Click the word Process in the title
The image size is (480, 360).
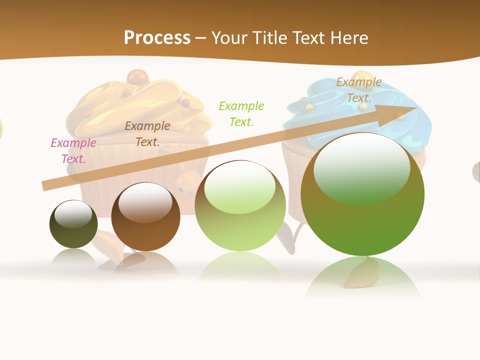coord(157,38)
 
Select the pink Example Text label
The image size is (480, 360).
coord(73,151)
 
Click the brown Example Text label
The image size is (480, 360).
coord(147,134)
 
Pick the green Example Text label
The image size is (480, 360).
coord(241,113)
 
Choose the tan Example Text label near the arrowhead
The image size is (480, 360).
coord(359,90)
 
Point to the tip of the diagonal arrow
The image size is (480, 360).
coord(415,107)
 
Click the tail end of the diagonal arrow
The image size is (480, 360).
coord(44,186)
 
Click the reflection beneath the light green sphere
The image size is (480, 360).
coord(240,267)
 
